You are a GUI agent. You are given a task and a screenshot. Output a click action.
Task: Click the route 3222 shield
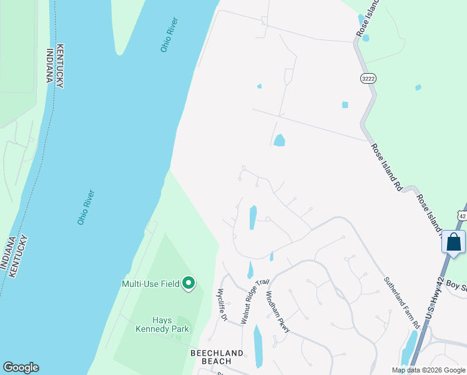coord(367,77)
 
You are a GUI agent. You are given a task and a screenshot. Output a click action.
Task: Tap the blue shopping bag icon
coord(454,241)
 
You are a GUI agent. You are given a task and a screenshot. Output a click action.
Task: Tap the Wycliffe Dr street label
coord(222,304)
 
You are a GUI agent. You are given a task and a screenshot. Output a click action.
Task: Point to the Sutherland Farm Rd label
coord(401,303)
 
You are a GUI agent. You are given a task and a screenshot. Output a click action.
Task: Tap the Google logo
coord(21,367)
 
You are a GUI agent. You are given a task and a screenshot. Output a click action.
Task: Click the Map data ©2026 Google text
coord(428,370)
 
